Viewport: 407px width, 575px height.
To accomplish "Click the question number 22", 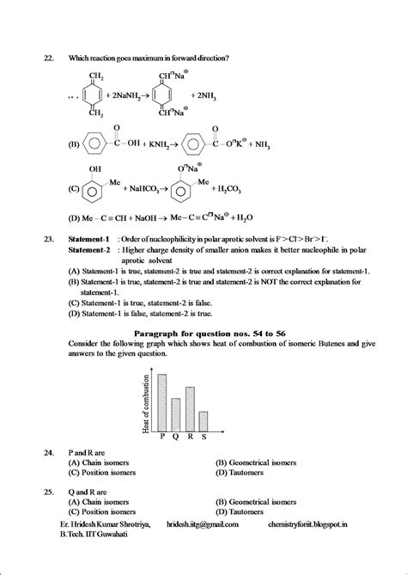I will [x=48, y=58].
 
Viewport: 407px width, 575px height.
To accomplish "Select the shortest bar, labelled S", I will [x=203, y=421].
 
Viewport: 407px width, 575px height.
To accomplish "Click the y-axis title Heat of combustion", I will [x=147, y=395].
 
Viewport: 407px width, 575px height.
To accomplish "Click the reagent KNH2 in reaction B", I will [x=155, y=144].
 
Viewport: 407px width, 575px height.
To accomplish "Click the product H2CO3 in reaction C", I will [x=249, y=187].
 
